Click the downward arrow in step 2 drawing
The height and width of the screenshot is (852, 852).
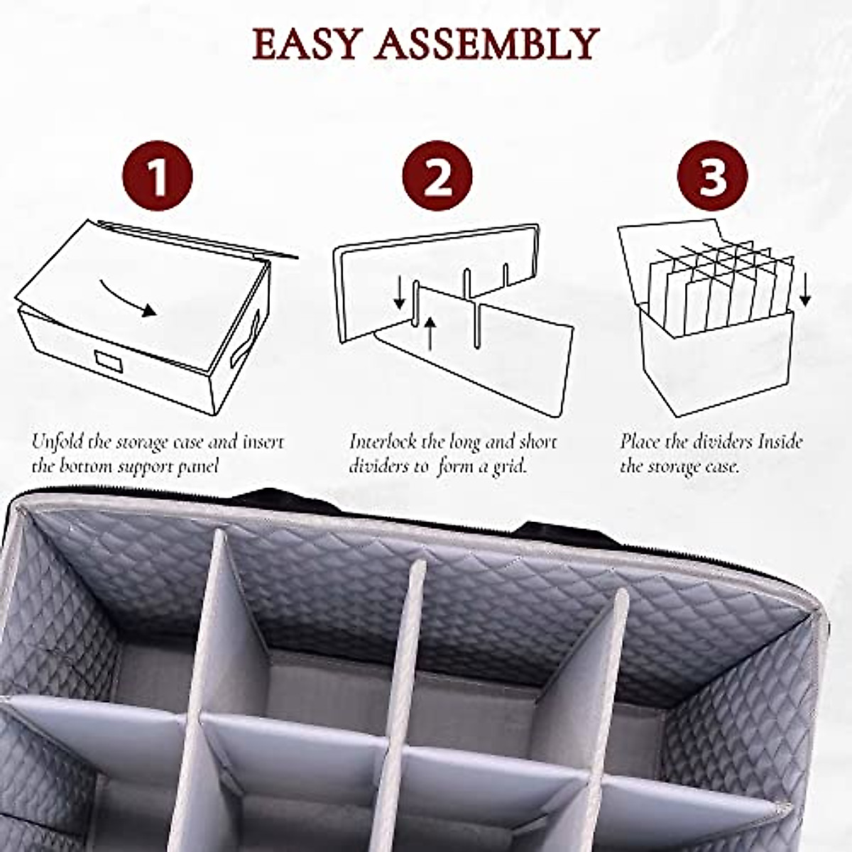point(400,293)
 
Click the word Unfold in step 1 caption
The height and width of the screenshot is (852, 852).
point(53,442)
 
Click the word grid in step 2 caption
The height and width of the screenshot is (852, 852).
point(509,467)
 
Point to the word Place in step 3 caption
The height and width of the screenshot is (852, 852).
point(639,442)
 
